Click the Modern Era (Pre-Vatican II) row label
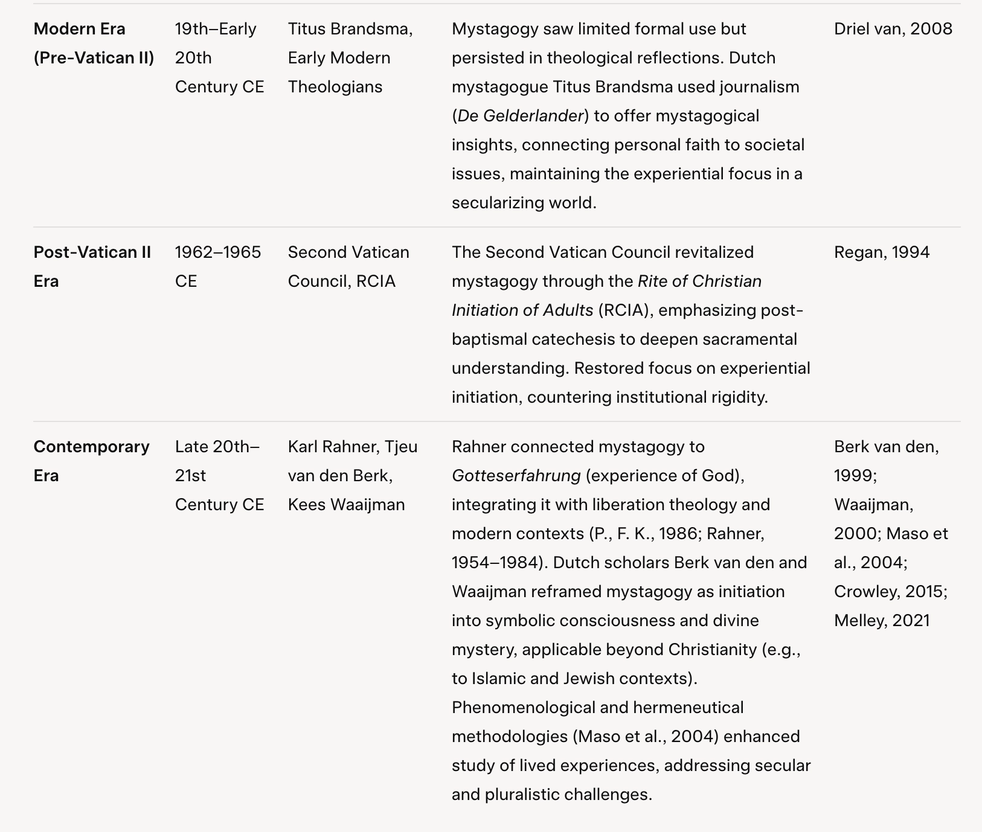(94, 43)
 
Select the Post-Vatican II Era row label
(92, 267)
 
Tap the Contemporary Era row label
(91, 461)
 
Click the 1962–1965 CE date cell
(218, 267)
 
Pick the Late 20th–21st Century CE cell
(219, 476)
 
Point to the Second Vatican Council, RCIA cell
(348, 267)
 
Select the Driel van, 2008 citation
(893, 29)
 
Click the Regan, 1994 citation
(882, 252)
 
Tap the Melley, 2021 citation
(882, 621)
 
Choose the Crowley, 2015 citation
(890, 592)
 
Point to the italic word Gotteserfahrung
(516, 476)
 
